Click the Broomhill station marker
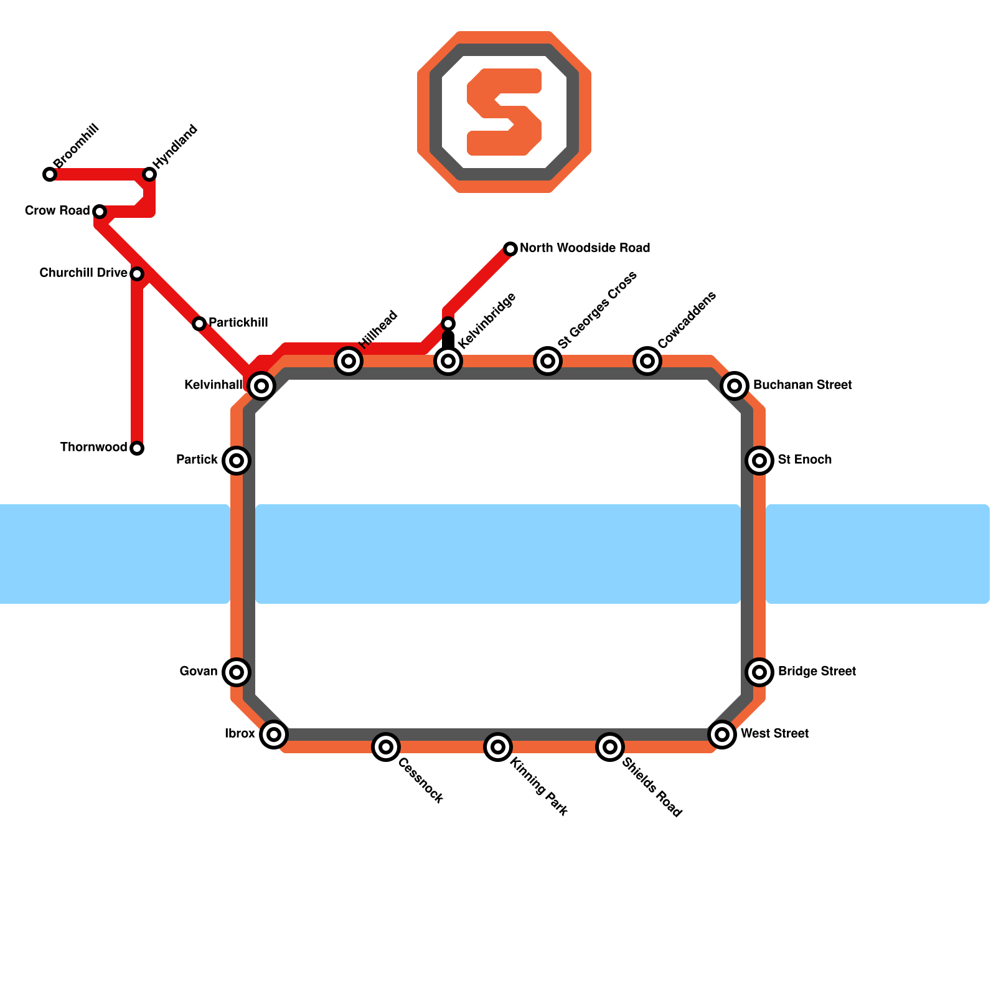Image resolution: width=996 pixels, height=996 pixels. (x=50, y=174)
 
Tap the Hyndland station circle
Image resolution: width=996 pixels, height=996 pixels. (x=149, y=174)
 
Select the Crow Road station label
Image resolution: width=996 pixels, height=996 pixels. (x=57, y=211)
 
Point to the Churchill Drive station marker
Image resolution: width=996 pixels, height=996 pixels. (x=137, y=274)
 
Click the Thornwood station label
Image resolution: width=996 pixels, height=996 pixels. (x=93, y=448)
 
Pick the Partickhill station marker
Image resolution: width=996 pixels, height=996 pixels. (x=199, y=324)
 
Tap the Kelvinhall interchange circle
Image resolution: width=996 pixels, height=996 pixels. (x=261, y=386)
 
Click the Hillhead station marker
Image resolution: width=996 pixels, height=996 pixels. (x=349, y=361)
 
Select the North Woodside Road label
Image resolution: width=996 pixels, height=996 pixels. (x=585, y=248)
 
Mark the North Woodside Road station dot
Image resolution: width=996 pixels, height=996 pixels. (x=510, y=249)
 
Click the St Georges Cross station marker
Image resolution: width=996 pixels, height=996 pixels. (x=548, y=361)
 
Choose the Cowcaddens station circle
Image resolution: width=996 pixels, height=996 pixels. (x=647, y=361)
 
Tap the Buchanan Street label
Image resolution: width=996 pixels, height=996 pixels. (x=802, y=385)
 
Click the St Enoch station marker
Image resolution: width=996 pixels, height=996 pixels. (x=759, y=461)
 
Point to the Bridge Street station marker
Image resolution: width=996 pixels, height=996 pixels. (x=759, y=672)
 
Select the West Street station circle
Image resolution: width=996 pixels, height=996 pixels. (x=722, y=735)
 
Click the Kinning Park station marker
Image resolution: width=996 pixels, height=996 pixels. (x=498, y=747)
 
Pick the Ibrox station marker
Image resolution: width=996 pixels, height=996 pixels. (x=274, y=735)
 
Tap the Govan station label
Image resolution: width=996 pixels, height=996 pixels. (x=199, y=672)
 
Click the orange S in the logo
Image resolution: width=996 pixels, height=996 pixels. (x=504, y=112)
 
